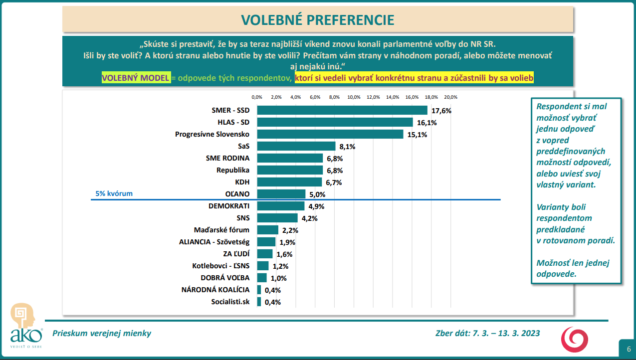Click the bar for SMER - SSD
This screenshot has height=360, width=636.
point(342,110)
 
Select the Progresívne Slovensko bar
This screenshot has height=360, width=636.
point(330,134)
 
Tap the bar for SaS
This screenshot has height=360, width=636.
point(296,146)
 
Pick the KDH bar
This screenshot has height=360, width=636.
point(289,182)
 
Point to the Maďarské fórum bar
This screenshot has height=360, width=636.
point(267,230)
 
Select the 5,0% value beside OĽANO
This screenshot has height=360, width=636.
point(318,194)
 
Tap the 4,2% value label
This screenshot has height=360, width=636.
point(310,218)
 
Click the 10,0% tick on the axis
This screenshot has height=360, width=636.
point(354,97)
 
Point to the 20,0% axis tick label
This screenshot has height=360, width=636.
point(450,97)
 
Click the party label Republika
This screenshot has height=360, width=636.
point(233,170)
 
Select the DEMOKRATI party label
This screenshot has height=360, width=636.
point(228,205)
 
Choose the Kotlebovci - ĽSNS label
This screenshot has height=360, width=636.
point(220,266)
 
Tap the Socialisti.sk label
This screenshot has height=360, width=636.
point(230,302)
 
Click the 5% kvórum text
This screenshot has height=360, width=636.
point(114,193)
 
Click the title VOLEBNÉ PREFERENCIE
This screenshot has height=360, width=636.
point(318,20)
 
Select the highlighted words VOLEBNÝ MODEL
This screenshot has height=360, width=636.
point(135,78)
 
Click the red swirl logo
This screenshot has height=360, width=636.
point(575,338)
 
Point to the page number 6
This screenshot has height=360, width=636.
point(629,349)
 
